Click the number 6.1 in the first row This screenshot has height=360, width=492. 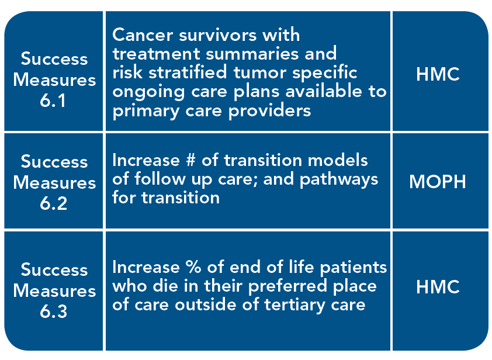pos(53,101)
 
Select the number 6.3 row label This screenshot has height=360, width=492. pos(53,311)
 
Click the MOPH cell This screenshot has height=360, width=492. pos(438,182)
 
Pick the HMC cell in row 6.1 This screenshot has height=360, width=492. pos(438,74)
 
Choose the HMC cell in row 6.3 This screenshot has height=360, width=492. pos(438,287)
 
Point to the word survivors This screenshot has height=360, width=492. pos(217,34)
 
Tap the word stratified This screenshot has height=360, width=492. pos(188,72)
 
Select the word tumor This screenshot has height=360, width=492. pos(260,72)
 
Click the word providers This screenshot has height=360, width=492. pos(269,110)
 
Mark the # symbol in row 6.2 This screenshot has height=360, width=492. pos(190,160)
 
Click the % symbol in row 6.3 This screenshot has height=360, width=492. pos(193,267)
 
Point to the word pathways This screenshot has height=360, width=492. pos(339,180)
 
